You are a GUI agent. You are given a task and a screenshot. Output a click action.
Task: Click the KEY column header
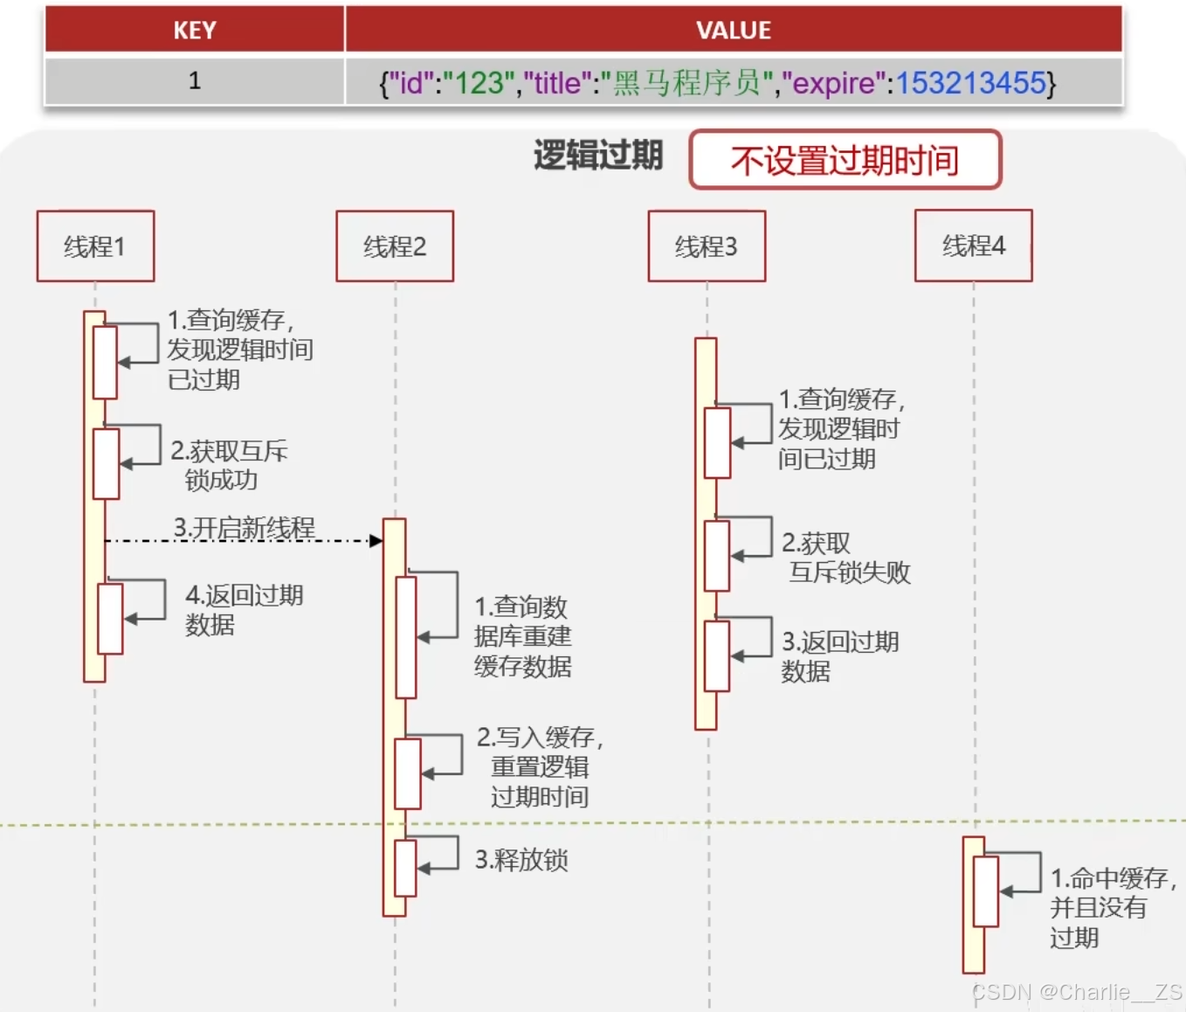point(195,31)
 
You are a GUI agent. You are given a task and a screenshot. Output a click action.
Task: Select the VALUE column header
point(734,31)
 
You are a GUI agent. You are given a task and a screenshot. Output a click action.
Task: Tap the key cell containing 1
point(195,81)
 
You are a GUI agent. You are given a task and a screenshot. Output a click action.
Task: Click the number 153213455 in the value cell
point(970,83)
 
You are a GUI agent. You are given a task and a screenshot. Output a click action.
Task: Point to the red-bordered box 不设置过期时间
point(845,160)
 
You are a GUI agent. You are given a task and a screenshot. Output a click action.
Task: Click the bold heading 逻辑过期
point(598,156)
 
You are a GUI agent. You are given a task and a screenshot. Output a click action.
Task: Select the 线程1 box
point(95,246)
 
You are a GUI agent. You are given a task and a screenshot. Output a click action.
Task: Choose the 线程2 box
point(395,246)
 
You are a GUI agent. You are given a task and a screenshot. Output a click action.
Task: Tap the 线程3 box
point(707,246)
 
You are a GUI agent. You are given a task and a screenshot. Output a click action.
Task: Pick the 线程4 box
point(973,246)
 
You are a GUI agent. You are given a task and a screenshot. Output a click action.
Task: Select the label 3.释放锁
point(521,860)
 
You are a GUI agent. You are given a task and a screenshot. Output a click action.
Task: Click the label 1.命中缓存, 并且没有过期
point(1109,907)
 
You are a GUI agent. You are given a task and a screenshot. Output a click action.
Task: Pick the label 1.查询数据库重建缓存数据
point(522,636)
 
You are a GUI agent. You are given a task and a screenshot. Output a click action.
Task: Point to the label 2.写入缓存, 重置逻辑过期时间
point(539,766)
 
